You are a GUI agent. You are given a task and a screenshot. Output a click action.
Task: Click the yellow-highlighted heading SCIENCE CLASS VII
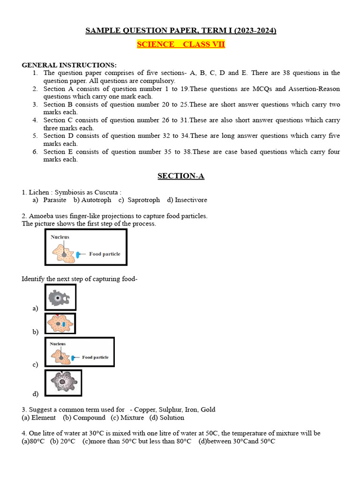point(180,45)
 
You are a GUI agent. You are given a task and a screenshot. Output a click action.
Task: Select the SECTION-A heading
point(180,176)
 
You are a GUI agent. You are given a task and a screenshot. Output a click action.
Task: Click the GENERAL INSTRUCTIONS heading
point(69,65)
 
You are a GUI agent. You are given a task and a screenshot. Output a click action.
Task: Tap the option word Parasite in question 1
point(54,200)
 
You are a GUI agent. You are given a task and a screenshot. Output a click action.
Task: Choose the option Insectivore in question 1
point(187,200)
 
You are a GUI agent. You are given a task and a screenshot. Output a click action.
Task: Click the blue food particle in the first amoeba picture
point(78,254)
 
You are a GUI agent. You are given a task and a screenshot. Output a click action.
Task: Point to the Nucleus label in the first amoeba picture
point(60,237)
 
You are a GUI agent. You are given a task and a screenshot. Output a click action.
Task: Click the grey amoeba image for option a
point(60,297)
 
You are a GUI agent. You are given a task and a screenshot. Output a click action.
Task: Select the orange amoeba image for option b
point(60,323)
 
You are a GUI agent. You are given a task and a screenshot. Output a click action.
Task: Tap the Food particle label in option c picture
point(95,357)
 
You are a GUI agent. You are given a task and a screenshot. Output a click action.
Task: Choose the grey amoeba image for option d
point(63,383)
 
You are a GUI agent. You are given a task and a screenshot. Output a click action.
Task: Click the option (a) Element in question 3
point(39,418)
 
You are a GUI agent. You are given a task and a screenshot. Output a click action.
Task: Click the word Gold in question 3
point(208,410)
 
